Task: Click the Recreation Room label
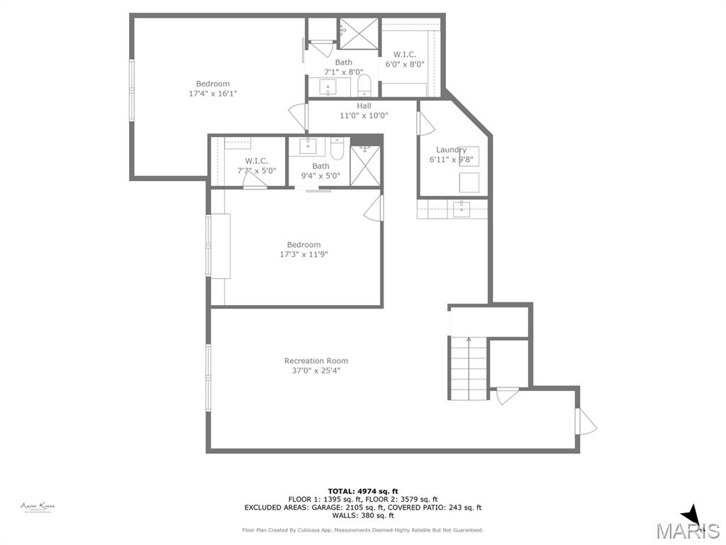[x=315, y=360]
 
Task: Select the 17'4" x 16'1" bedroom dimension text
[x=213, y=93]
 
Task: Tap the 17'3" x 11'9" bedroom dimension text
[x=303, y=254]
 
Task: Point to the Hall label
[x=364, y=106]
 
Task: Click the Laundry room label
[x=451, y=150]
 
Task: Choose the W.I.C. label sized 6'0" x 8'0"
[x=405, y=55]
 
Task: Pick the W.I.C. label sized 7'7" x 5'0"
[x=256, y=161]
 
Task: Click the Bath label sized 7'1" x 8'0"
[x=343, y=62]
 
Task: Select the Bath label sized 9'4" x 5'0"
[x=320, y=166]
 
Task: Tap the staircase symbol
[x=468, y=368]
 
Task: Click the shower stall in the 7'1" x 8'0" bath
[x=359, y=33]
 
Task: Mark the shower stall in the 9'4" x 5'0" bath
[x=365, y=166]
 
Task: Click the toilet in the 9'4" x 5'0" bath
[x=337, y=150]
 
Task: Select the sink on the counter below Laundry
[x=462, y=209]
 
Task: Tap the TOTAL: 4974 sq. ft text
[x=362, y=491]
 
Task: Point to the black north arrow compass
[x=693, y=517]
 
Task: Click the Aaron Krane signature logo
[x=38, y=507]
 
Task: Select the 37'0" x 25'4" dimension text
[x=315, y=370]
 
